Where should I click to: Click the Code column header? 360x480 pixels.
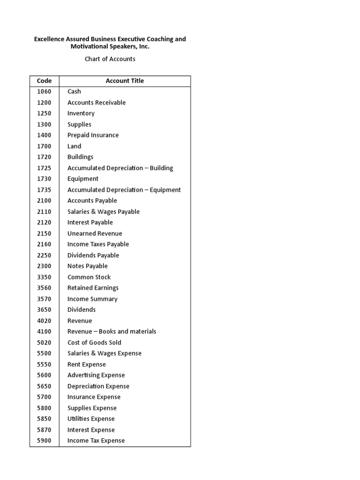point(44,81)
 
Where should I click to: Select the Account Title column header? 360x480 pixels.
point(125,81)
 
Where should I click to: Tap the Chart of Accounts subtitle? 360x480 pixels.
point(110,59)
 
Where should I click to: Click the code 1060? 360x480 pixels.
point(44,91)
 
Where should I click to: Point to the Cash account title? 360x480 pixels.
point(74,91)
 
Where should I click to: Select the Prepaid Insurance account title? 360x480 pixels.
point(93,135)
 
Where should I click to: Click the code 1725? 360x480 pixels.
point(44,168)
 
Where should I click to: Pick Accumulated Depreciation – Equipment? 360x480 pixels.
point(124,190)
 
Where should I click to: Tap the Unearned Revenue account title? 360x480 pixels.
point(95,233)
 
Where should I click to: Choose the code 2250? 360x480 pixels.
point(44,255)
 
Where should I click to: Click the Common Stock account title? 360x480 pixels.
point(89,277)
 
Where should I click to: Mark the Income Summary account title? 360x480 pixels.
point(92,299)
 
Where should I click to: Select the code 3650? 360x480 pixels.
point(44,309)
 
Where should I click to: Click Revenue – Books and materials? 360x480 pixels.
point(112,331)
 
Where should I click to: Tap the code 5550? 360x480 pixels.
point(44,364)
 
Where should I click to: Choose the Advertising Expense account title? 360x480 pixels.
point(96,375)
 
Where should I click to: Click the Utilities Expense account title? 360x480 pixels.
point(91,419)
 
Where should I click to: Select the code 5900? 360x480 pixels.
point(44,441)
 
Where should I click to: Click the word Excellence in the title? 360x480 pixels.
point(50,39)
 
